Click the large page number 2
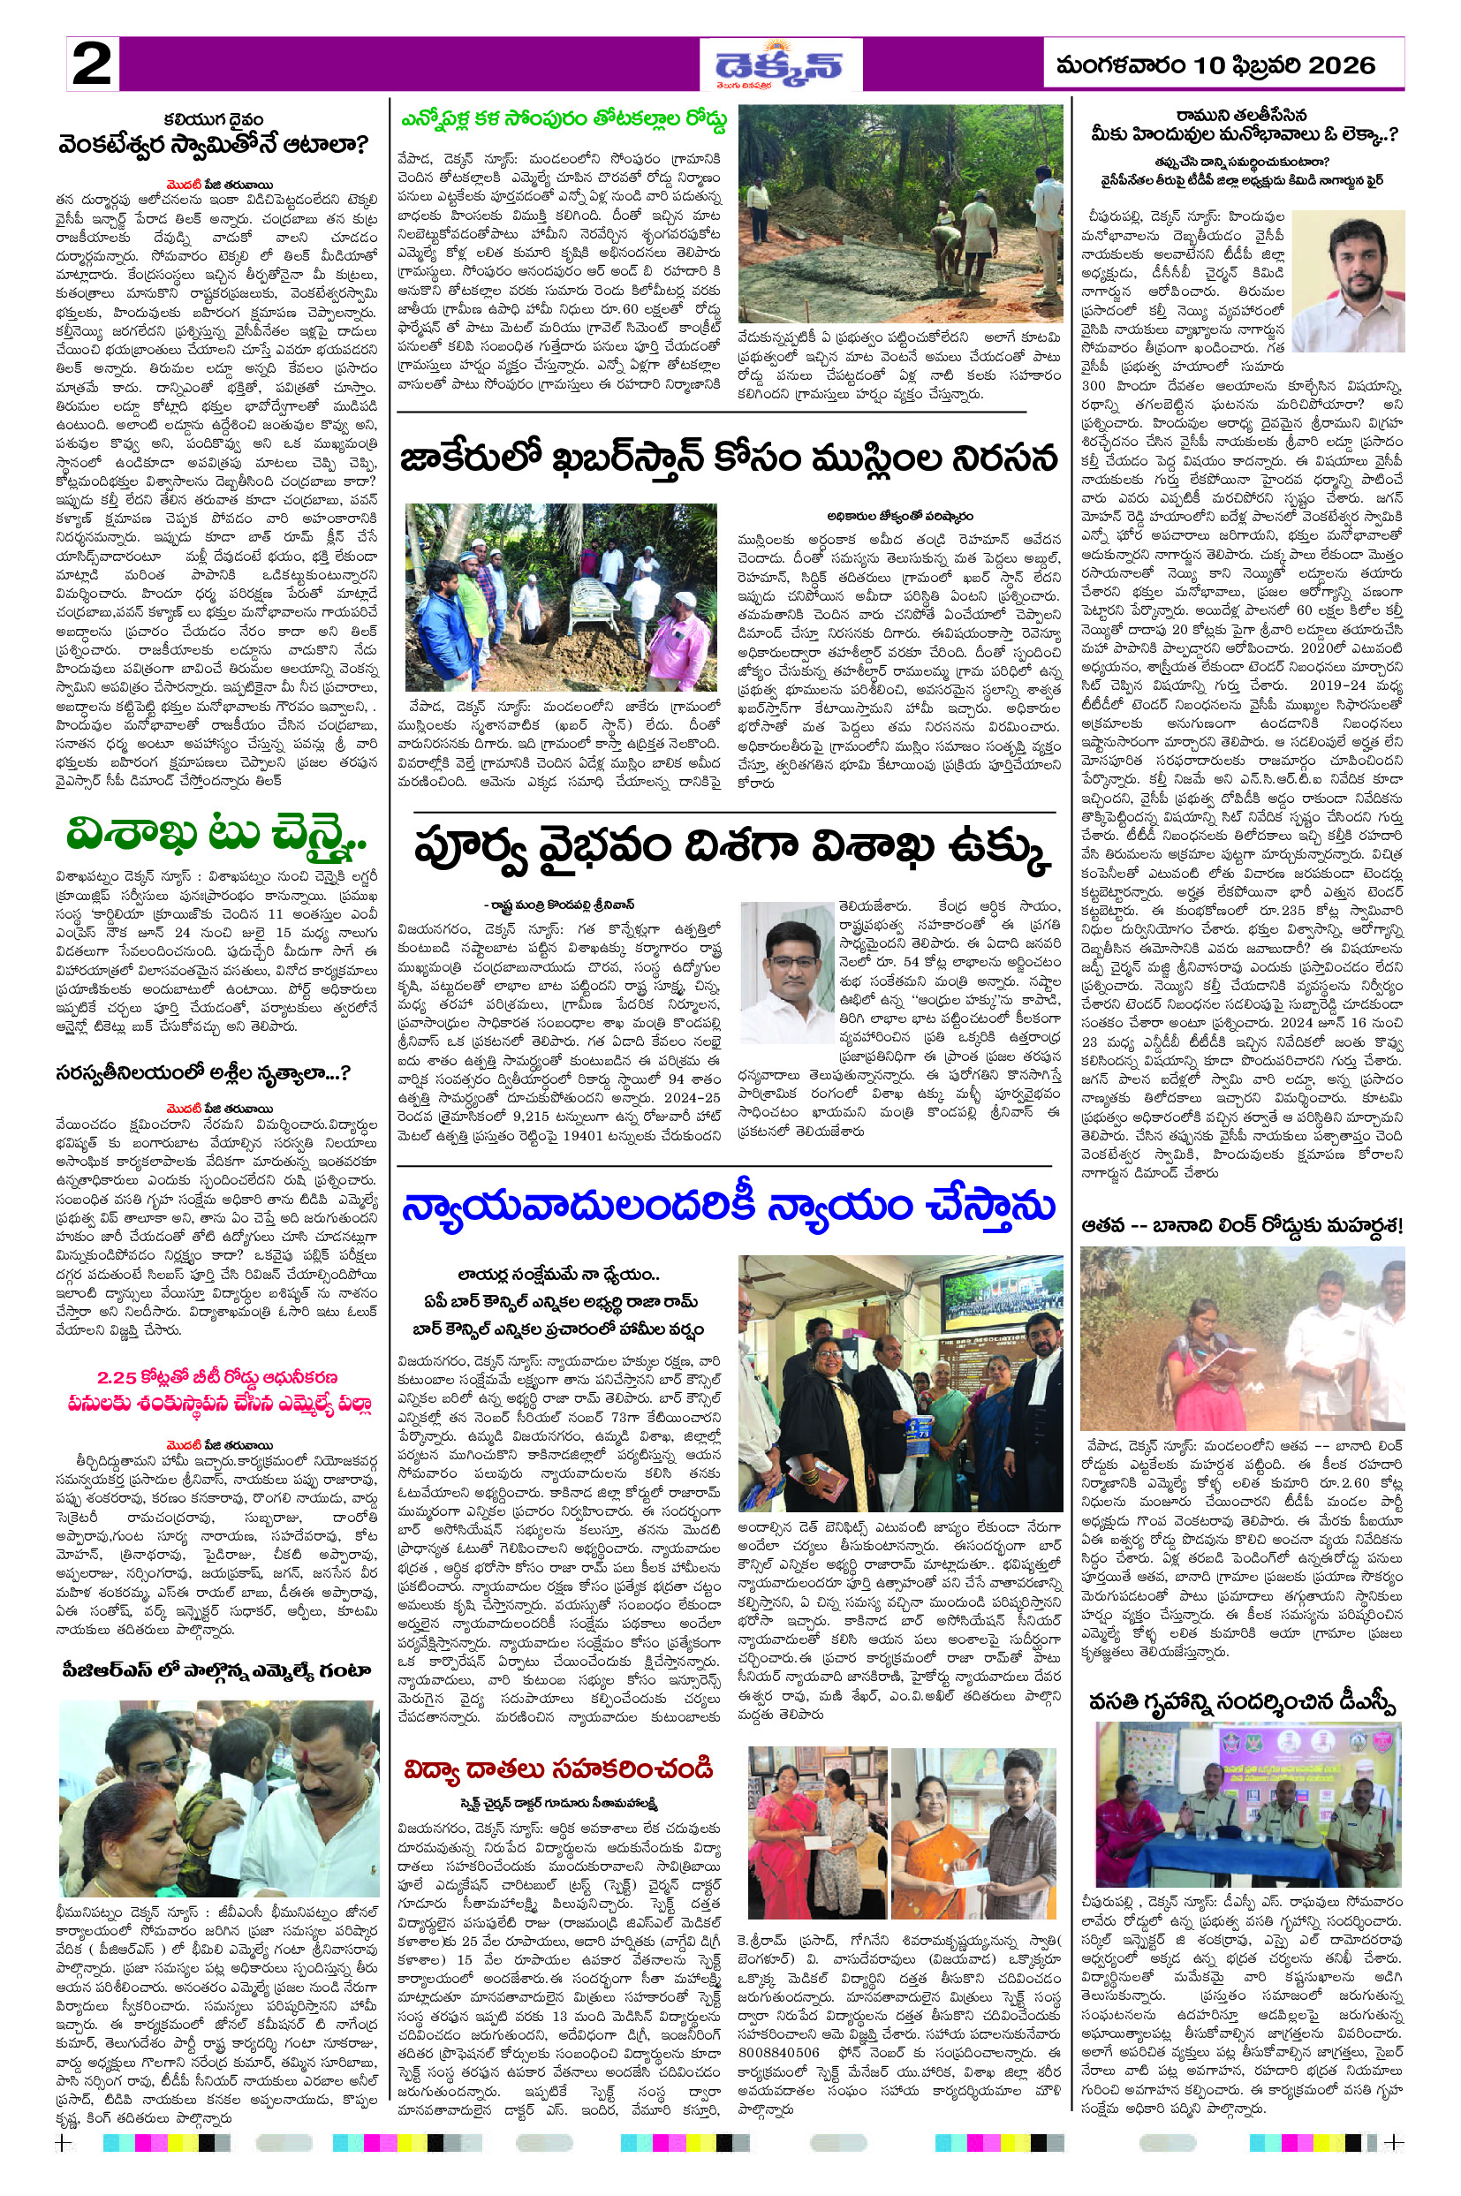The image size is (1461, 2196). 91,65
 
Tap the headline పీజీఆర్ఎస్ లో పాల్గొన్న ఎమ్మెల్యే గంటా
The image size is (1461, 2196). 217,1670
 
